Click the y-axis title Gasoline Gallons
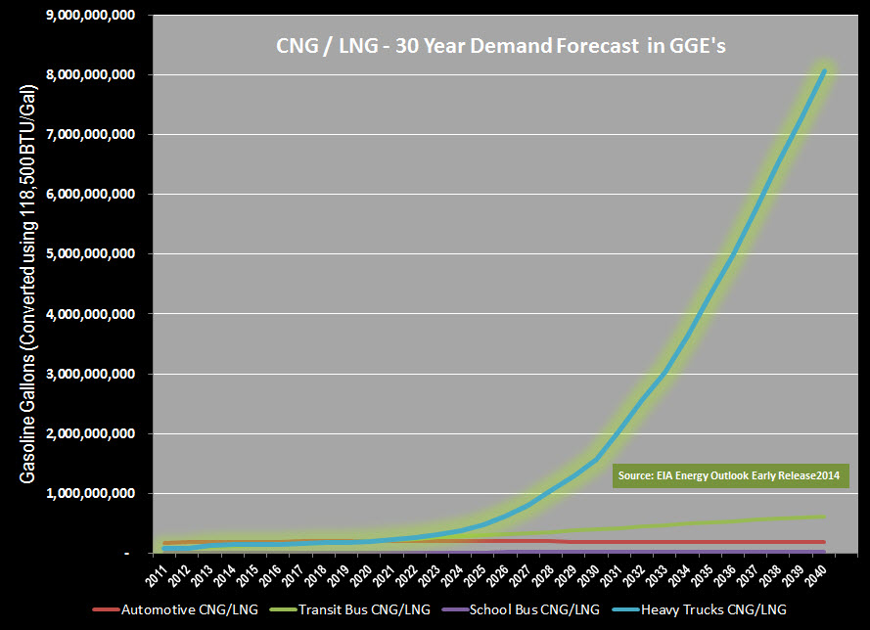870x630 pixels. coord(28,284)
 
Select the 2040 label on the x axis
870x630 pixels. coord(825,573)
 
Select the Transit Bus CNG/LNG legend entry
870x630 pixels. coord(367,609)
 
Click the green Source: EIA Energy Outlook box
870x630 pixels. coord(731,476)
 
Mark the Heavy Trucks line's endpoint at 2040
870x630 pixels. coord(824,70)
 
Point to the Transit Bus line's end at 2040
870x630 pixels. coord(824,517)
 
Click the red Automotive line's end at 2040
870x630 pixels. coord(824,542)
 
